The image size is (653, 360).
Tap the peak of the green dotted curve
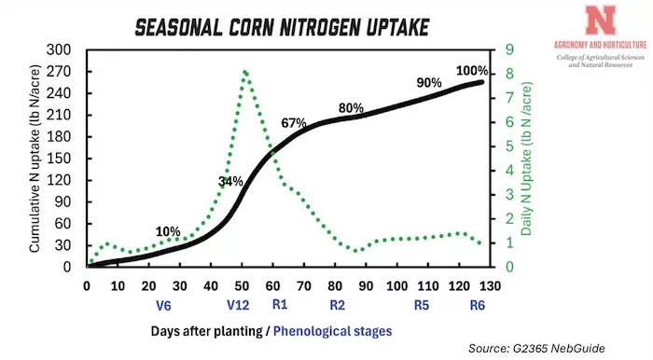click(x=244, y=72)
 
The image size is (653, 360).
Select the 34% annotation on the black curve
click(x=230, y=181)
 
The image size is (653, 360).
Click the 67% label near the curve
click(x=294, y=123)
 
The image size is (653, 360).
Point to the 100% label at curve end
click(x=472, y=71)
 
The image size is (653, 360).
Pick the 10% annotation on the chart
click(x=168, y=231)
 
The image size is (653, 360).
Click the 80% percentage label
click(x=351, y=107)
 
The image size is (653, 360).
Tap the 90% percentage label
click(x=428, y=83)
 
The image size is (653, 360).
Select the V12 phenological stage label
click(x=239, y=303)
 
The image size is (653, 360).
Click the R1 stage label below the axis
click(x=279, y=303)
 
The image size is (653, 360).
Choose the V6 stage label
click(x=163, y=303)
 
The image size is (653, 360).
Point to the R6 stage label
click(x=477, y=303)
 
